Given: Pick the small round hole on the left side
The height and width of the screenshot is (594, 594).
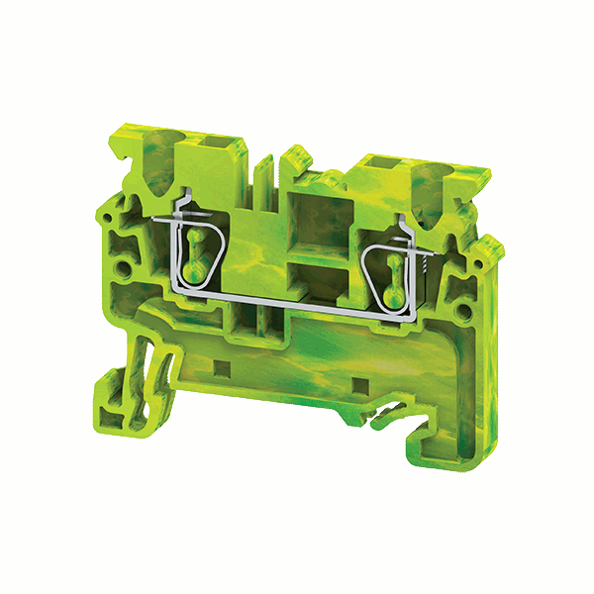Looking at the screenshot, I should click(x=123, y=268).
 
